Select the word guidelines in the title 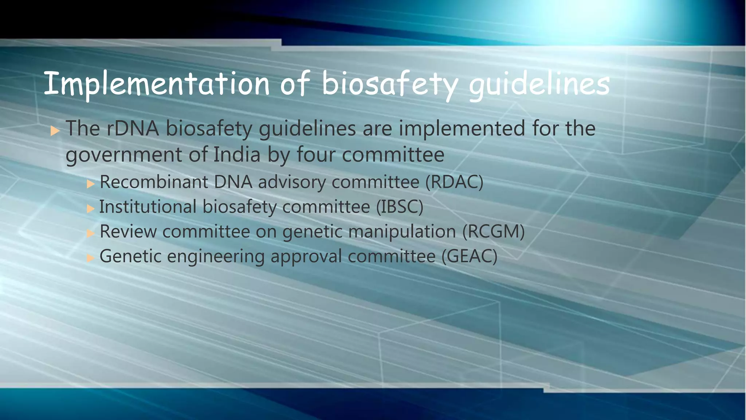click(539, 85)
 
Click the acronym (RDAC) click(454, 182)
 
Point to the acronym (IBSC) click(400, 207)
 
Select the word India click(237, 155)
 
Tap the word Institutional click(148, 207)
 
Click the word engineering click(216, 257)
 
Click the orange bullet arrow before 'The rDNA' click(55, 131)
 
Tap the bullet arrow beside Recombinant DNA click(91, 184)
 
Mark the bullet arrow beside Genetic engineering click(91, 258)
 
